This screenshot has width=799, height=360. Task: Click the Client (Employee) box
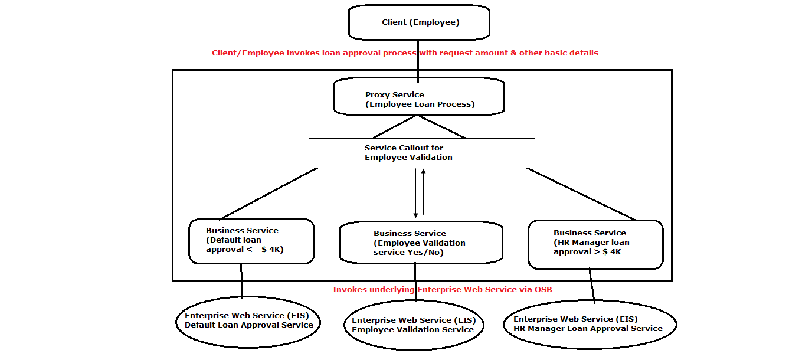tap(419, 22)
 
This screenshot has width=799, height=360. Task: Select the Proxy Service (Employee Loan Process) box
tap(419, 97)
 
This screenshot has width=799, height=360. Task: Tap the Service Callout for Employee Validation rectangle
tap(421, 152)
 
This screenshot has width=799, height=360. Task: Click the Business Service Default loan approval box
tap(251, 241)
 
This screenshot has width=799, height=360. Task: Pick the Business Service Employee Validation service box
tap(421, 243)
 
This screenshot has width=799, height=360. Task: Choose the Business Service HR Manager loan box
tap(595, 244)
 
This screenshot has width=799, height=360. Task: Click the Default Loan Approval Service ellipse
tap(248, 322)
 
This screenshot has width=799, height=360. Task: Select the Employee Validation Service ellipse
tap(414, 325)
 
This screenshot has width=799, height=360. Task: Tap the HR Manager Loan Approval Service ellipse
tap(590, 325)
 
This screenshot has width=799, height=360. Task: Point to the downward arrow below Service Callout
tap(415, 193)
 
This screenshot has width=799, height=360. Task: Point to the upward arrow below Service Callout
tap(423, 192)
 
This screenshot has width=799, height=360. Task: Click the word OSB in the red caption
tap(543, 289)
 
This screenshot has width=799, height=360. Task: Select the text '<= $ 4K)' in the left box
tap(265, 250)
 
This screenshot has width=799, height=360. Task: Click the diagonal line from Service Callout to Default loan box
tap(269, 194)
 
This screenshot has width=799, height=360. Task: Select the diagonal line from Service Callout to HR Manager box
tap(581, 194)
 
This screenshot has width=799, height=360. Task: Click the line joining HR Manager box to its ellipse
tap(592, 286)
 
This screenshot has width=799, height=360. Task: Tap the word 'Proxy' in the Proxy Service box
tap(376, 95)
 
